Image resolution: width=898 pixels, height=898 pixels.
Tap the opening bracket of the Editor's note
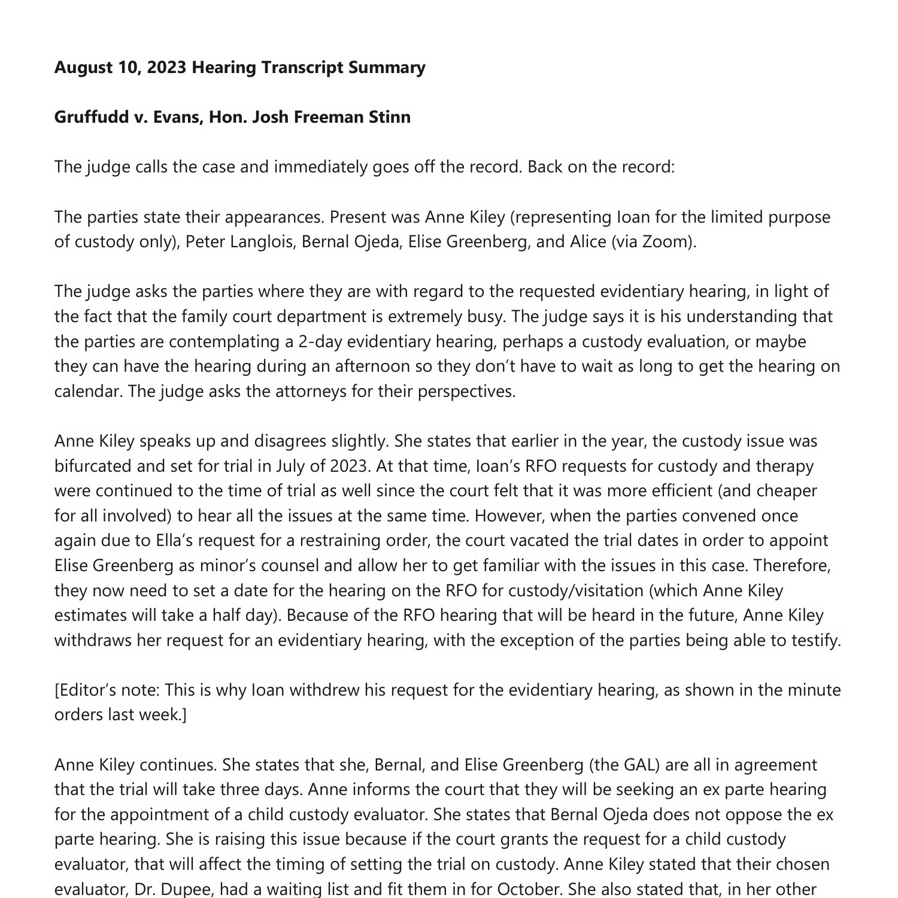[x=56, y=690]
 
